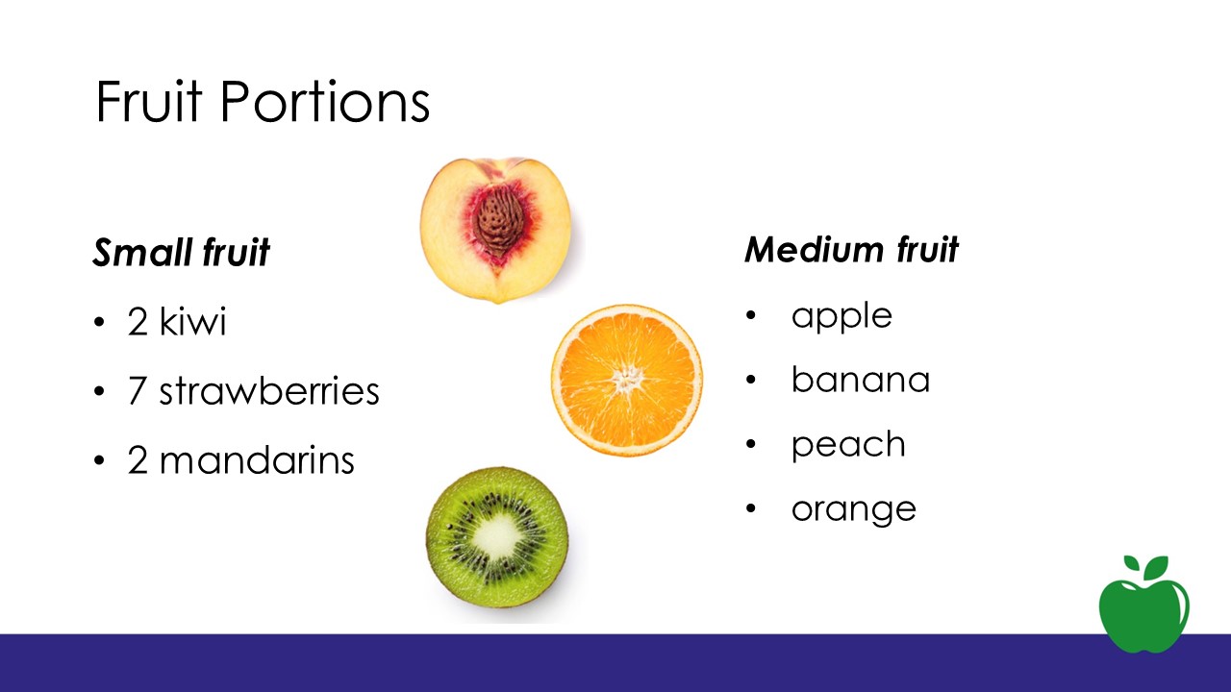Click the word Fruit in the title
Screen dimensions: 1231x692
(x=149, y=101)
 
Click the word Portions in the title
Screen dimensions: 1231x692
(x=325, y=101)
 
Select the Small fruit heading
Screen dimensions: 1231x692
(x=181, y=252)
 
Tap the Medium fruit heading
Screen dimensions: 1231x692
(x=851, y=249)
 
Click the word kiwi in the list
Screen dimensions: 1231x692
(x=192, y=321)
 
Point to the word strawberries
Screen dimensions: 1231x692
(x=269, y=390)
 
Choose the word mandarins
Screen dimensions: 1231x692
(x=257, y=459)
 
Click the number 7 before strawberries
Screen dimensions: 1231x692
(x=137, y=390)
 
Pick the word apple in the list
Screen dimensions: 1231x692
(x=842, y=317)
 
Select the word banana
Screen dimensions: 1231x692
(x=861, y=379)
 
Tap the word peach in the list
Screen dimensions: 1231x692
(x=848, y=445)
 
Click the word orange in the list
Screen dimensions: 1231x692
(x=853, y=510)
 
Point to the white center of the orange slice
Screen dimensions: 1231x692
(x=628, y=379)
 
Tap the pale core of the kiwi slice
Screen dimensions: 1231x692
(x=496, y=535)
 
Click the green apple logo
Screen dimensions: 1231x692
(x=1144, y=605)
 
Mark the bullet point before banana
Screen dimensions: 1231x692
(x=751, y=380)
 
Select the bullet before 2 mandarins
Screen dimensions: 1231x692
(x=99, y=460)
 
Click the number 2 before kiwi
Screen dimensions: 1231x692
(x=138, y=321)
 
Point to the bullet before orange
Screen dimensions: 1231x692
(x=751, y=508)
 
